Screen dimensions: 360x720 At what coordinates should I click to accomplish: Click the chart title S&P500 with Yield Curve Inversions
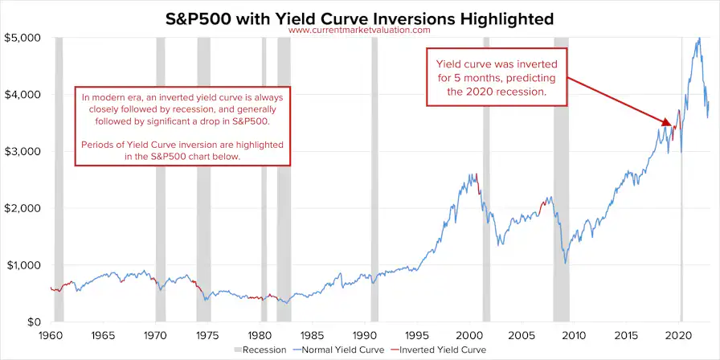359,17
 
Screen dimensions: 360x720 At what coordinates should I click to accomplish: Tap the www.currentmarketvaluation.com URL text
359,31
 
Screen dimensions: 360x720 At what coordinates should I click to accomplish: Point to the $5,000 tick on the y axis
24,38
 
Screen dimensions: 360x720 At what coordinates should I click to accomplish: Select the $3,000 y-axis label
24,151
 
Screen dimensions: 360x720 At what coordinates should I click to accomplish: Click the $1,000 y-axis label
24,265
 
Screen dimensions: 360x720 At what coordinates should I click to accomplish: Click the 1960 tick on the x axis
51,333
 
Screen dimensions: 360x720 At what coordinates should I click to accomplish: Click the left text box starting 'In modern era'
182,126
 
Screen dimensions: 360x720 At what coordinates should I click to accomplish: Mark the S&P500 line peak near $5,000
699,39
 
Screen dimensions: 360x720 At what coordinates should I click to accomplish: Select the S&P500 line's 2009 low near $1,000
566,262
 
